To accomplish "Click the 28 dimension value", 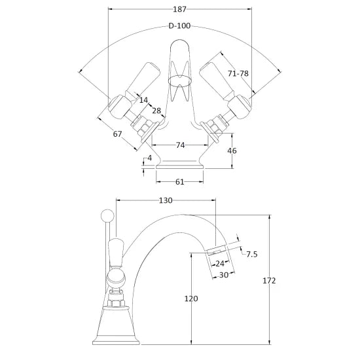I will [157, 112].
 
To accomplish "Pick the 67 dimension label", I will [118, 135].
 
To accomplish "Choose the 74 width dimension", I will [179, 145].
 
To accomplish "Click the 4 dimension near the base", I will [149, 158].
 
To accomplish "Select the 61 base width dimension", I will [179, 183].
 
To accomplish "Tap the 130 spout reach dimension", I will [165, 201].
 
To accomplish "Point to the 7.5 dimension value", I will [252, 255].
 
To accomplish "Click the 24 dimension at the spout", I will [220, 263].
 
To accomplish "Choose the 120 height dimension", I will [191, 299].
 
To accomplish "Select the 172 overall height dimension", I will [269, 280].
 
